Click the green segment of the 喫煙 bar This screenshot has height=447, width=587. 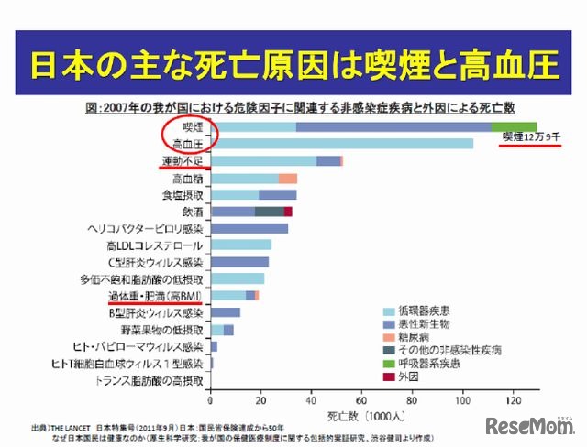[514, 126]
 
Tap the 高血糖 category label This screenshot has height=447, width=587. [190, 178]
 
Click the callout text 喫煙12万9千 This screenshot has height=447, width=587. [530, 137]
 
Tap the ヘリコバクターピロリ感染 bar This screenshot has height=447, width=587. [249, 228]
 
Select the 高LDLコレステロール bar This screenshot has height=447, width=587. [241, 245]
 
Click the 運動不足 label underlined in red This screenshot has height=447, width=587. [185, 161]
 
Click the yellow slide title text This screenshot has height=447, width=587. [293, 67]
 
